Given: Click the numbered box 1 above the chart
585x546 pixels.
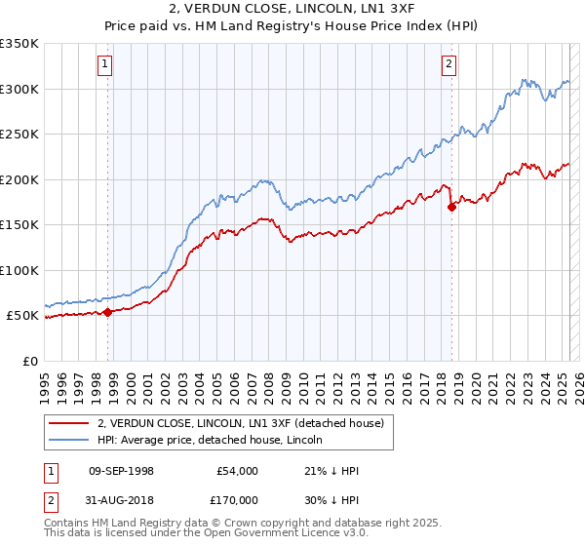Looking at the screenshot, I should tap(104, 65).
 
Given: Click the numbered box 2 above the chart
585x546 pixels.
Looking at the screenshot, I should tap(448, 65).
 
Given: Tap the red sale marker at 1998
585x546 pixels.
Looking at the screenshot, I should tap(108, 312).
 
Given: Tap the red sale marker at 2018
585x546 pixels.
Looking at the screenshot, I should tap(452, 207).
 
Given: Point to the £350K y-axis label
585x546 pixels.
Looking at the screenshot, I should tap(19, 44).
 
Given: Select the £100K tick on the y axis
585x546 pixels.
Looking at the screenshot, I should tap(19, 270).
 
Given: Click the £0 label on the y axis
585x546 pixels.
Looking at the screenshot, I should tap(29, 361).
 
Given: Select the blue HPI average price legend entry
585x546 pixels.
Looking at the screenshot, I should tap(215, 440).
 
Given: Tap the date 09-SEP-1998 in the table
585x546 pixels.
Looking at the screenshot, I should tap(121, 471).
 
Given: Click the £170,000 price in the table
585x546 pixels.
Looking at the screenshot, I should tap(238, 498).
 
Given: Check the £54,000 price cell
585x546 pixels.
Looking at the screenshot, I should tap(238, 471).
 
